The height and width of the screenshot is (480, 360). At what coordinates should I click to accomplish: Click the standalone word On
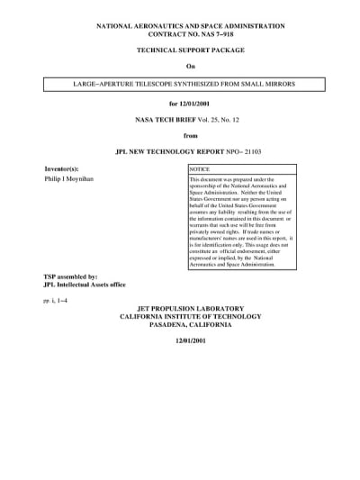(x=190, y=68)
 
